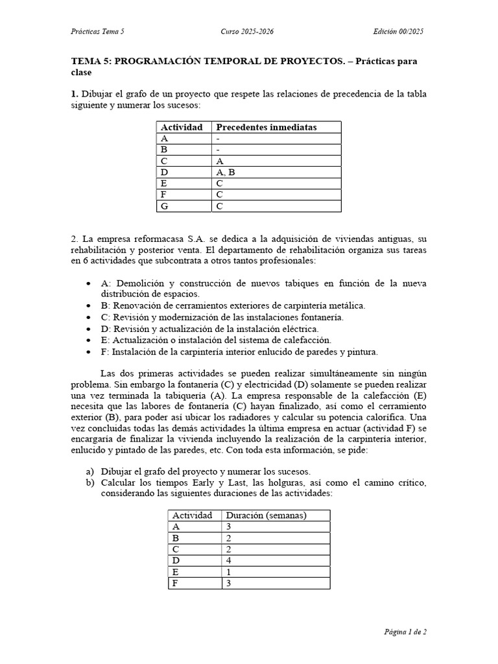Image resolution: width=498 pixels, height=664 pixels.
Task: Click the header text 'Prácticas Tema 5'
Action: (97, 32)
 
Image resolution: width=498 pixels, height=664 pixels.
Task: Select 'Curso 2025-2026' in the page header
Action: (248, 32)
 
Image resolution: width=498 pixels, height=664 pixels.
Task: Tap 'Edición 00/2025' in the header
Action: (399, 32)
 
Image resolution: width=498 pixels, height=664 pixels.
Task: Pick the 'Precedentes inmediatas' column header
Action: (266, 127)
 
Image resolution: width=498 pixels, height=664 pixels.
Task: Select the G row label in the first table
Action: (165, 207)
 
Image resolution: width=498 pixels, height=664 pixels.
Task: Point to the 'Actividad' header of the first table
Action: (182, 127)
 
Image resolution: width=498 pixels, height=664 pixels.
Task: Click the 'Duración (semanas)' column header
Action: (266, 516)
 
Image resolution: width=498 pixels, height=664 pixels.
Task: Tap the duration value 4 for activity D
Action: (228, 561)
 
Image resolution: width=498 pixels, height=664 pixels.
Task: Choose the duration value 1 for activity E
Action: (228, 572)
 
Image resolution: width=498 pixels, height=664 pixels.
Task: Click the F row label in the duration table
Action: (175, 584)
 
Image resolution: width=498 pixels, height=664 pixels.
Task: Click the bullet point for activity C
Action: (88, 318)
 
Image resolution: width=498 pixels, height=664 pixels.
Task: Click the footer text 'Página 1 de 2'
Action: (403, 631)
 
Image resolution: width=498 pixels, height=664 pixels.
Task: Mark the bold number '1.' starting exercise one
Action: (75, 94)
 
